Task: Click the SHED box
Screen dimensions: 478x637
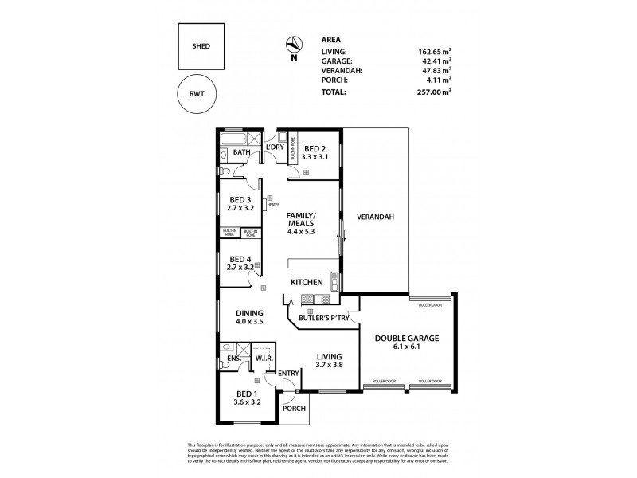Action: [201, 46]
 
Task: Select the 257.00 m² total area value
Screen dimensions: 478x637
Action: [436, 92]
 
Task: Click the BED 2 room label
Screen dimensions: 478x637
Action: [316, 153]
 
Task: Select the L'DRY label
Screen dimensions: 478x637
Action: [275, 148]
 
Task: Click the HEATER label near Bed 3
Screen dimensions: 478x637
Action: [272, 205]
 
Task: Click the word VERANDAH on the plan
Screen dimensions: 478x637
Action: [377, 217]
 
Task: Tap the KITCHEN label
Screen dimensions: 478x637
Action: [307, 283]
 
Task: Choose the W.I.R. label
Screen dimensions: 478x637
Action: [264, 359]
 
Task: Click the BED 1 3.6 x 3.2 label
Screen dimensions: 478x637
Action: [246, 398]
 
